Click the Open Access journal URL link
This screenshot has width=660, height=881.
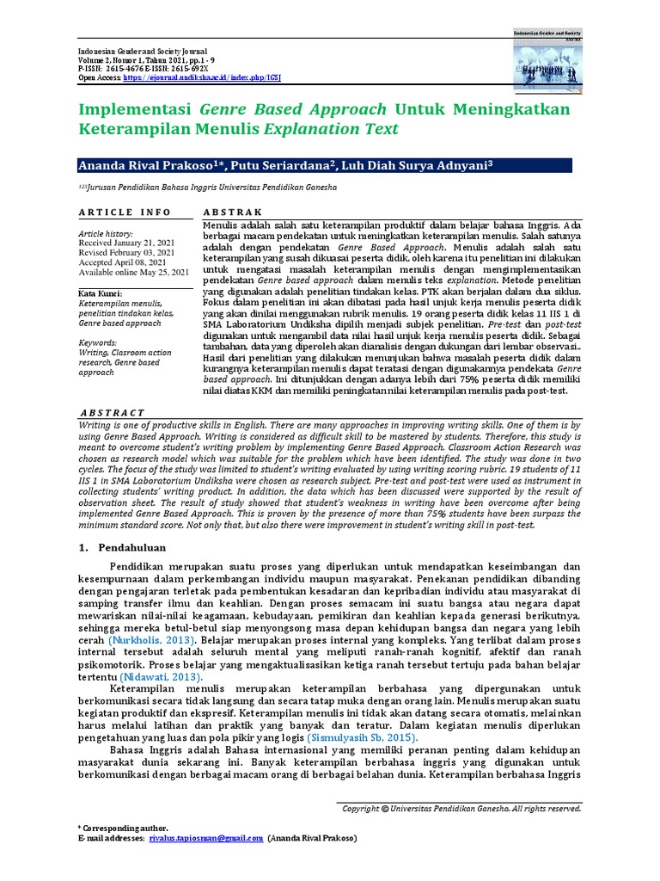point(203,77)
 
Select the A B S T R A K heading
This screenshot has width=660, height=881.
point(232,213)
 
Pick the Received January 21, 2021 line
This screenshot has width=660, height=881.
point(126,243)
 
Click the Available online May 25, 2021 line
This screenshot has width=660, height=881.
point(133,272)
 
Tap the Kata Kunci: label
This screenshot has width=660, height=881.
point(101,293)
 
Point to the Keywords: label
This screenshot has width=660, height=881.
point(98,342)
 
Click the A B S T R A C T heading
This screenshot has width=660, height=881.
point(112,412)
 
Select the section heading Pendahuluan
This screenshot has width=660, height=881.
point(134,546)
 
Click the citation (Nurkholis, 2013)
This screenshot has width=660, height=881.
point(151,640)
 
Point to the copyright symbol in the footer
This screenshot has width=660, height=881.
point(385,809)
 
